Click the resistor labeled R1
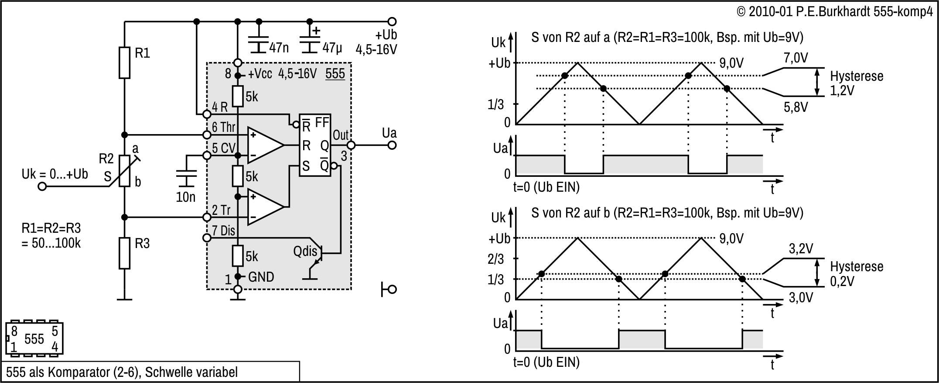click(x=125, y=63)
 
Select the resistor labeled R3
click(x=125, y=253)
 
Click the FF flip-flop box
click(x=314, y=145)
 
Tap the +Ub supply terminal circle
click(x=392, y=21)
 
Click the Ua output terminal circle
click(x=392, y=145)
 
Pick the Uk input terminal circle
click(x=42, y=186)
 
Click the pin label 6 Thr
click(x=223, y=127)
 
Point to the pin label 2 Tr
click(x=221, y=210)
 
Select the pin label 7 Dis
click(x=223, y=231)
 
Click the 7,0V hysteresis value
click(x=796, y=58)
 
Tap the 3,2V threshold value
click(x=801, y=248)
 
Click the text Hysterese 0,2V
click(x=856, y=274)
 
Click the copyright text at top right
click(x=834, y=12)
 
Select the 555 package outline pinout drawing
click(x=34, y=338)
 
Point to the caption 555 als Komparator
click(x=122, y=372)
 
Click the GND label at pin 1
click(x=261, y=277)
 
